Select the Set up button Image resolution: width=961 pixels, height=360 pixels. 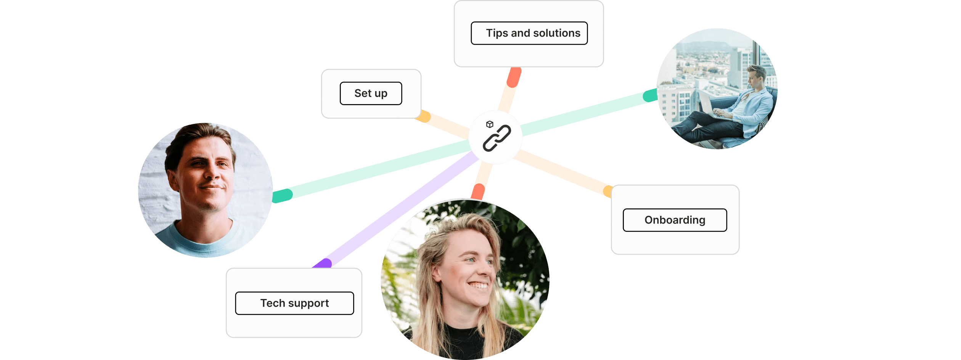click(371, 93)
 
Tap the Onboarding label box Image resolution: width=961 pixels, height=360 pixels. click(675, 220)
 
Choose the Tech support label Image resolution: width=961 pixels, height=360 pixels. click(294, 303)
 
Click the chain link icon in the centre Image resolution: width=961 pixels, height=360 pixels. click(497, 138)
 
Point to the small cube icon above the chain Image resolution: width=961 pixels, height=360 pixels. click(490, 124)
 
